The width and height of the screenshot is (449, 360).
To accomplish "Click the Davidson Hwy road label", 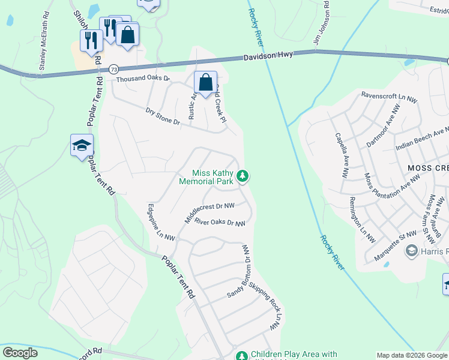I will coord(268,55).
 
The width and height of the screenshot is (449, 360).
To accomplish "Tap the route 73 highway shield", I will coord(113,70).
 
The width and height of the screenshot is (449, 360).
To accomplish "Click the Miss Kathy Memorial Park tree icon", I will coord(243,176).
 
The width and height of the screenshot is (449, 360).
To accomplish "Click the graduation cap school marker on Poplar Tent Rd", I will coord(82,145).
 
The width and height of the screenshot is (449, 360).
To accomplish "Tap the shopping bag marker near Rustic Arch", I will coord(205,82).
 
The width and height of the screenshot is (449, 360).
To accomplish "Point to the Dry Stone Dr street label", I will coord(163,116).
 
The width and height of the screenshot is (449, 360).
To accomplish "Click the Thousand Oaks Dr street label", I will coord(143,79).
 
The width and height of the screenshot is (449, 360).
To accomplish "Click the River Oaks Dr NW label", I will coord(220,223).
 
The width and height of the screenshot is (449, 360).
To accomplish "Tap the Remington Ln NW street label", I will coord(362,220).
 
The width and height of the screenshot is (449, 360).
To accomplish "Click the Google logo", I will coord(20,352).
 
